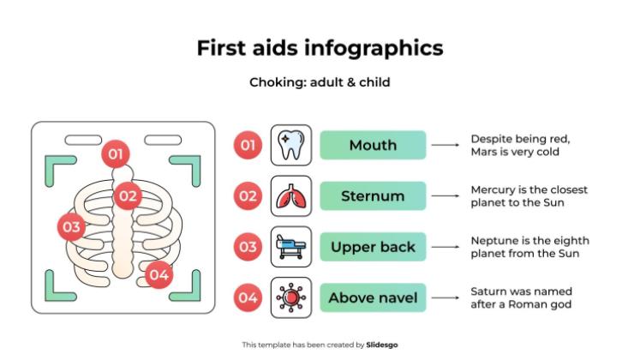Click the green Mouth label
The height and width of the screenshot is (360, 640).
pos(373,145)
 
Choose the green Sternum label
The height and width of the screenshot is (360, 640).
pos(373,196)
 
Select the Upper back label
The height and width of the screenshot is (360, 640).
pos(373,247)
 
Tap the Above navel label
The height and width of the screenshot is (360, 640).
pos(373,297)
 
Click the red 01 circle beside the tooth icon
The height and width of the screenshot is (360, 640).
pos(248,145)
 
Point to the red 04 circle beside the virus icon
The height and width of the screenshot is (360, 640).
pos(248,297)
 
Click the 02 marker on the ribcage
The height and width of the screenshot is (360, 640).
pos(128,195)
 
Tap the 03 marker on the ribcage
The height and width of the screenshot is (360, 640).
pos(71,227)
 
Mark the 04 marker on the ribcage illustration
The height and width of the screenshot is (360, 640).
pos(159,275)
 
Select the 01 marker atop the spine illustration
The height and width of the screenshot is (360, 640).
pos(116,155)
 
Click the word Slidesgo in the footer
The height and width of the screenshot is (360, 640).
pos(382,345)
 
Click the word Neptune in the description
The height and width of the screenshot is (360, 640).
pos(493,241)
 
